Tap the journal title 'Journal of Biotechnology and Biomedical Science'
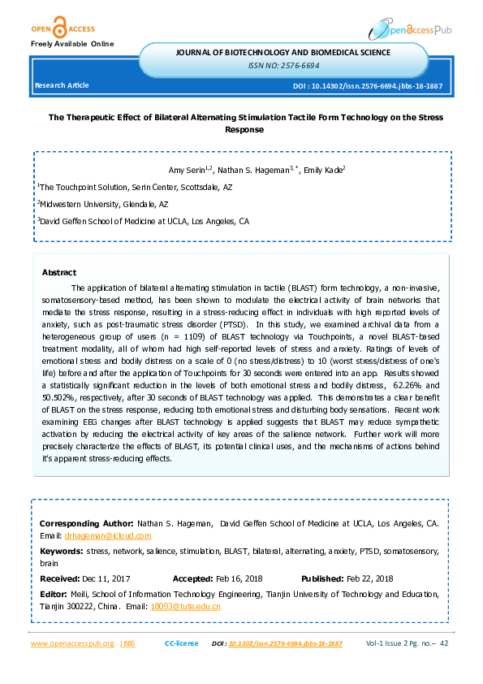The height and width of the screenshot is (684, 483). pos(283,53)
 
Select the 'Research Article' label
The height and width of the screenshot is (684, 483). pos(61,85)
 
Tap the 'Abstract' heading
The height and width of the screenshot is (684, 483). pos(58,273)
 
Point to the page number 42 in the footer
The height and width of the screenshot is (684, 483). pos(444,643)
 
